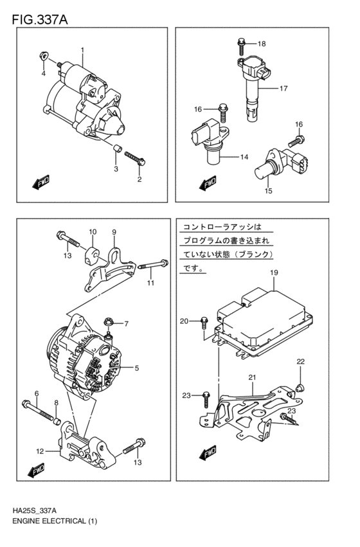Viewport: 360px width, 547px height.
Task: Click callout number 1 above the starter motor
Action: pos(82,50)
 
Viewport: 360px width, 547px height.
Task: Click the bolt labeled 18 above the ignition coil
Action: pos(241,44)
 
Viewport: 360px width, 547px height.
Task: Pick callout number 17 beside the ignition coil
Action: pos(283,89)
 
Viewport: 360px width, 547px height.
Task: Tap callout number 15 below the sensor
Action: pos(268,191)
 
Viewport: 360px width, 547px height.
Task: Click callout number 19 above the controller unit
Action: pos(273,273)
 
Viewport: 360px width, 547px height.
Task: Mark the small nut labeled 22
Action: pos(299,387)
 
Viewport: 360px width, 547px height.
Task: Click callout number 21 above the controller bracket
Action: pos(253,377)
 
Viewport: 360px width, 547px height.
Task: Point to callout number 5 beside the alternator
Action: pos(137,368)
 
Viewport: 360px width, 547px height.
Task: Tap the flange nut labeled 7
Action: pos(109,319)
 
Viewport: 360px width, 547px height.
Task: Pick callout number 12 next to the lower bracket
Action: pos(40,451)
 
